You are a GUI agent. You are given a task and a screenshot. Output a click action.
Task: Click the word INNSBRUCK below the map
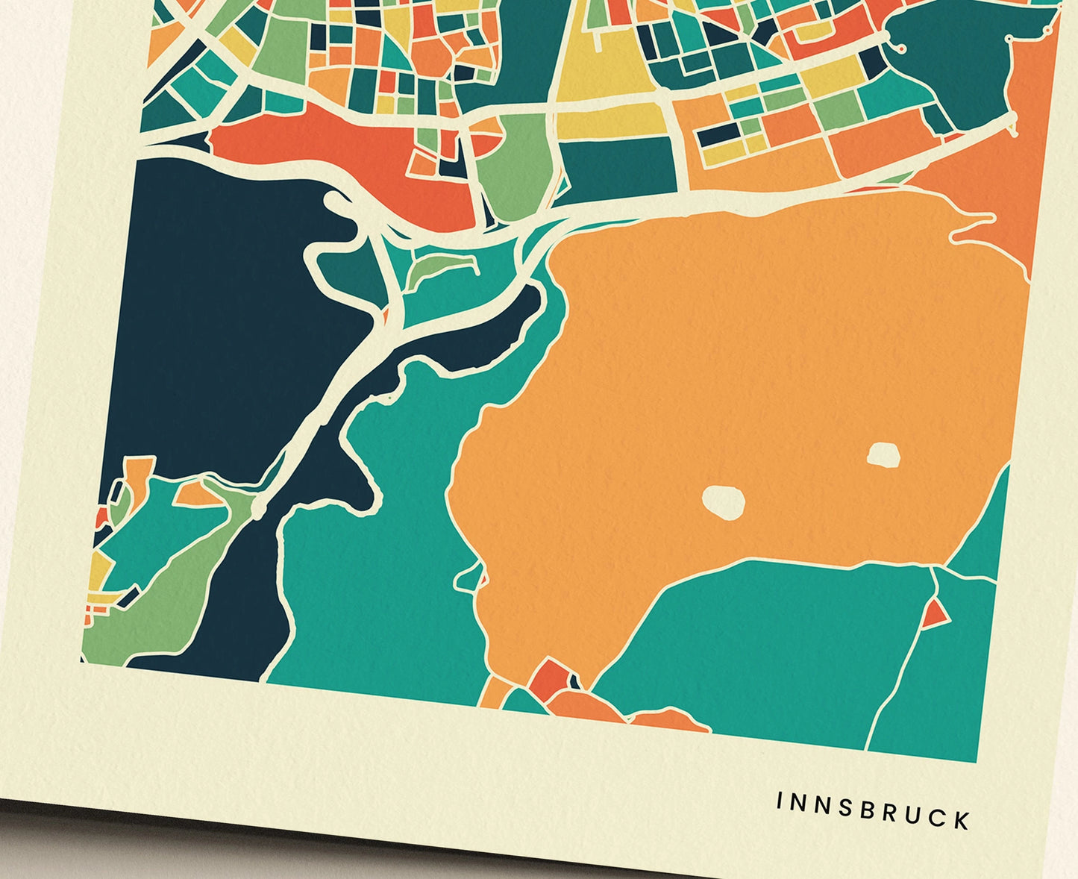click(x=873, y=810)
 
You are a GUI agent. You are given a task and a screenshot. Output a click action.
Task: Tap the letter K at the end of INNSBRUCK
click(x=962, y=820)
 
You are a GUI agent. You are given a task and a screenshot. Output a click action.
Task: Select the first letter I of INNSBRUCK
click(x=780, y=801)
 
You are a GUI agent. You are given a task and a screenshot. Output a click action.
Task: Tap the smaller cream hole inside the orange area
click(x=883, y=454)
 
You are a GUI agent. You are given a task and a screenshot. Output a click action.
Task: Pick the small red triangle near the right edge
click(x=933, y=614)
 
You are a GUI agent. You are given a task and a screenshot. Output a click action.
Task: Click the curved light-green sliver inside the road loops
click(x=440, y=266)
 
